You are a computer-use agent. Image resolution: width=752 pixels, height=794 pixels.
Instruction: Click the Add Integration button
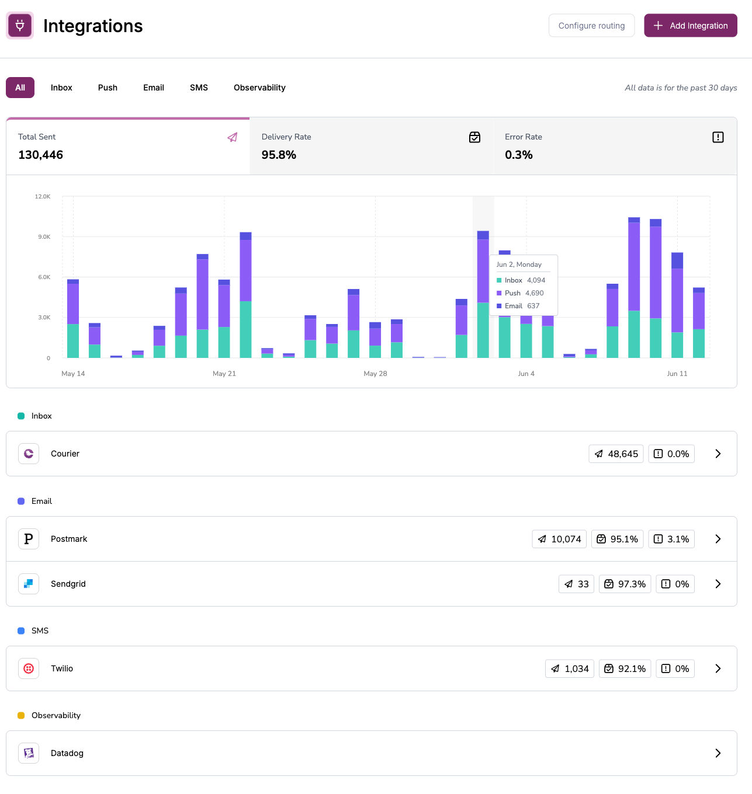tap(690, 26)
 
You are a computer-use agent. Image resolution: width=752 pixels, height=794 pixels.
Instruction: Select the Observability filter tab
tap(259, 88)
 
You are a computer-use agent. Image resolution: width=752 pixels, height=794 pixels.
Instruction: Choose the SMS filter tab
tap(199, 88)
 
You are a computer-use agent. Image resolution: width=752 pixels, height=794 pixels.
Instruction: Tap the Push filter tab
tap(108, 88)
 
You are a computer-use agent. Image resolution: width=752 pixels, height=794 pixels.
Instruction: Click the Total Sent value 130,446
tap(41, 155)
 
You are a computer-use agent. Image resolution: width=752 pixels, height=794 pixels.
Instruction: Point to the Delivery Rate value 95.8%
tap(279, 155)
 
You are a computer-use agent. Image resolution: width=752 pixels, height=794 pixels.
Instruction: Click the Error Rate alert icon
tap(718, 137)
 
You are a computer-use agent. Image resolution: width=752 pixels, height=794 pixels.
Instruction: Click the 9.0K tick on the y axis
tap(44, 237)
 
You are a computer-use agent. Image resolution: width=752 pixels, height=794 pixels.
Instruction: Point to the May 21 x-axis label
tap(224, 374)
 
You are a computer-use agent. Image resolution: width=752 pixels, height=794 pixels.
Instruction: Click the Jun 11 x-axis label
tap(677, 374)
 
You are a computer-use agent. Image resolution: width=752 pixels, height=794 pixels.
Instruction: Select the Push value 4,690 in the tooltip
tap(534, 293)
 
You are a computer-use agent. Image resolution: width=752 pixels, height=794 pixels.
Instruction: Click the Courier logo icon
tap(29, 454)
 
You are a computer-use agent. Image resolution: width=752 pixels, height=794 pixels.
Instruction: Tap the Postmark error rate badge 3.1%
tap(671, 539)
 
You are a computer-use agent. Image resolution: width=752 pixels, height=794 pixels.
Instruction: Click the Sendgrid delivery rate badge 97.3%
tap(625, 584)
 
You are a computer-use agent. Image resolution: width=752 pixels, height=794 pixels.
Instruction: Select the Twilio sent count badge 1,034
tap(570, 668)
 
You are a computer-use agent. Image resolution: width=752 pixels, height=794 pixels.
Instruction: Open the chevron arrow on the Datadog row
tap(718, 753)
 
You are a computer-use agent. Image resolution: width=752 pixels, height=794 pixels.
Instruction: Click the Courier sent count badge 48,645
tap(616, 454)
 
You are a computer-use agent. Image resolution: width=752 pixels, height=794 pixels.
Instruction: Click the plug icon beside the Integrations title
tap(20, 26)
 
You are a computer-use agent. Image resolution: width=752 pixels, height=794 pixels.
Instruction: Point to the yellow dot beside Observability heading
tap(21, 715)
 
